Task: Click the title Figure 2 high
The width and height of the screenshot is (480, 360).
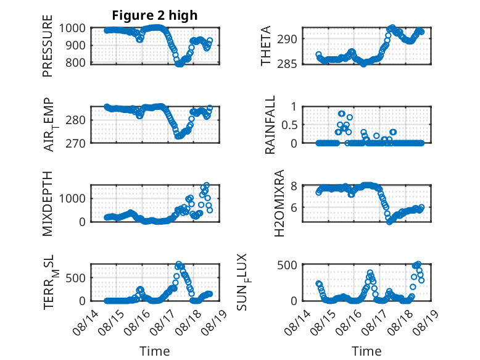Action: (155, 15)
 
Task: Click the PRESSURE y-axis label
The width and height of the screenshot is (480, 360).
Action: (48, 46)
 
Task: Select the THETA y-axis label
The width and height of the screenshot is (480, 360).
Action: (266, 46)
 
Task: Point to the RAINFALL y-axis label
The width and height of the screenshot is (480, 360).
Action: (270, 125)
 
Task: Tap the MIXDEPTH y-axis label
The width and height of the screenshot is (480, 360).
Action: (48, 204)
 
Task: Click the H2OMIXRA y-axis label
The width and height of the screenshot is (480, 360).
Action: (279, 203)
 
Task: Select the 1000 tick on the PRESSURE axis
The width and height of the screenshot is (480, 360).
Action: (72, 28)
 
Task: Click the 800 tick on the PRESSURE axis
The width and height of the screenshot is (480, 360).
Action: (76, 62)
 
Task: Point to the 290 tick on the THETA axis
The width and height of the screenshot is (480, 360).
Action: (287, 40)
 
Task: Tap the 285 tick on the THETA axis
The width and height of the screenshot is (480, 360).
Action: (287, 64)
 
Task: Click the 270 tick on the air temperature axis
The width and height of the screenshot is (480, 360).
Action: (76, 143)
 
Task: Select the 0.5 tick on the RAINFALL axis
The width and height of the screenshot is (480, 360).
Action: (289, 125)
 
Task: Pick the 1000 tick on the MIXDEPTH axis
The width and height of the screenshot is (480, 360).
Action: (72, 198)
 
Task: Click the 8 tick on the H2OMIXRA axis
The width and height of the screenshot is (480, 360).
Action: (294, 186)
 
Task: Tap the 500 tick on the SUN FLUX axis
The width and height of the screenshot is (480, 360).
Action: (287, 265)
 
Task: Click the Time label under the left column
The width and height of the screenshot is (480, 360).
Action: (155, 351)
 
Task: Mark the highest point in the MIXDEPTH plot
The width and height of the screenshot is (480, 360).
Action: (207, 185)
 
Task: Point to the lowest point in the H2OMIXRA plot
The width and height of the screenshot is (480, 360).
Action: (389, 222)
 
